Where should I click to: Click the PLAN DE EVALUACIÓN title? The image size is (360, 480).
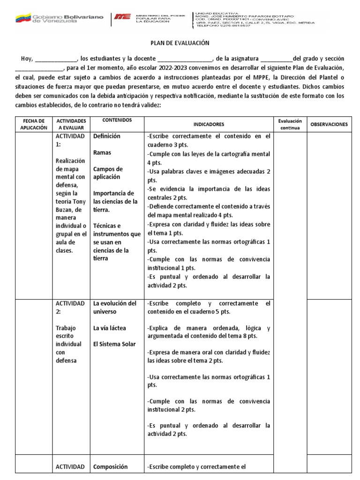coord(180,43)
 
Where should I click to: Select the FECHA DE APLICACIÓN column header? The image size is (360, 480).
coord(34,124)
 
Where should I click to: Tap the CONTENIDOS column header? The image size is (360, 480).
coord(117,120)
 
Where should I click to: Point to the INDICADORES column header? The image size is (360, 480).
coord(209,124)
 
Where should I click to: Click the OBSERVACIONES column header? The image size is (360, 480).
coord(329,124)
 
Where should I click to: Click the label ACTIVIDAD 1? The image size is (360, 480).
coord(70,140)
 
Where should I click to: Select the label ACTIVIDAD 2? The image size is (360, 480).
coord(70,307)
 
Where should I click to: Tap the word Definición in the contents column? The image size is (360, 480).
coord(107,136)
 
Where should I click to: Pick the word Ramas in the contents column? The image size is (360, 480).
coord(102,153)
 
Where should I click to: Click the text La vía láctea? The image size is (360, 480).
coord(109,328)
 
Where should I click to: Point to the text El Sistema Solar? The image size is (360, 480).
coord(114,344)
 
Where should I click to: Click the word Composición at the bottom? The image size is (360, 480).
coord(110,466)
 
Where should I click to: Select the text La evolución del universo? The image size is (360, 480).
coord(115,307)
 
